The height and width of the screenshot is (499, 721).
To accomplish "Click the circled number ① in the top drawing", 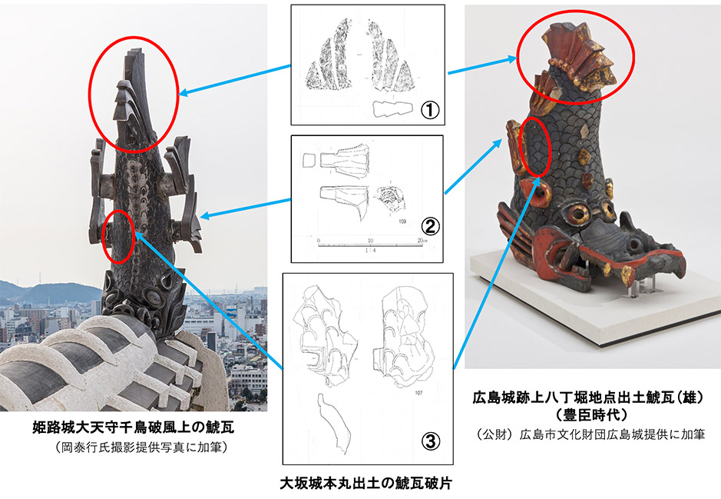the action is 431,110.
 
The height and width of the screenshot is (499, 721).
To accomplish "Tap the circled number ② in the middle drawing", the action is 431,225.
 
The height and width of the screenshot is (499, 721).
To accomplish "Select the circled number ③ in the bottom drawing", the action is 431,441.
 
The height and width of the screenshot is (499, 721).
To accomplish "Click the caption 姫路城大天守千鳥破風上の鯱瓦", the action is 134,427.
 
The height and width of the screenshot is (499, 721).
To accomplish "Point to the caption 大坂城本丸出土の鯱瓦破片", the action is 366,484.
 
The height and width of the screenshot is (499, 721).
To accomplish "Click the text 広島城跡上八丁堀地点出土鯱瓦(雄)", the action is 588,398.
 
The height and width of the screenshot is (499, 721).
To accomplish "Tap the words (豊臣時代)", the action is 591,414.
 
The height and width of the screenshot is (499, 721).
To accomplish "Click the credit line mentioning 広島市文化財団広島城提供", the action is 590,434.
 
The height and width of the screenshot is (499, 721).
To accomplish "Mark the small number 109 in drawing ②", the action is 402,221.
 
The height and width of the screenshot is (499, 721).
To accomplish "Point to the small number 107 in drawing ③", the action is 418,393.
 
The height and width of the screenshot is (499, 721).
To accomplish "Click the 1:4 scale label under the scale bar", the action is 369,251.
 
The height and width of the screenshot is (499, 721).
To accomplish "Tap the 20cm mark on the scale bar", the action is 422,241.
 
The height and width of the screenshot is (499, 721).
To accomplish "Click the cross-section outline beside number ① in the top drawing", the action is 392,109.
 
